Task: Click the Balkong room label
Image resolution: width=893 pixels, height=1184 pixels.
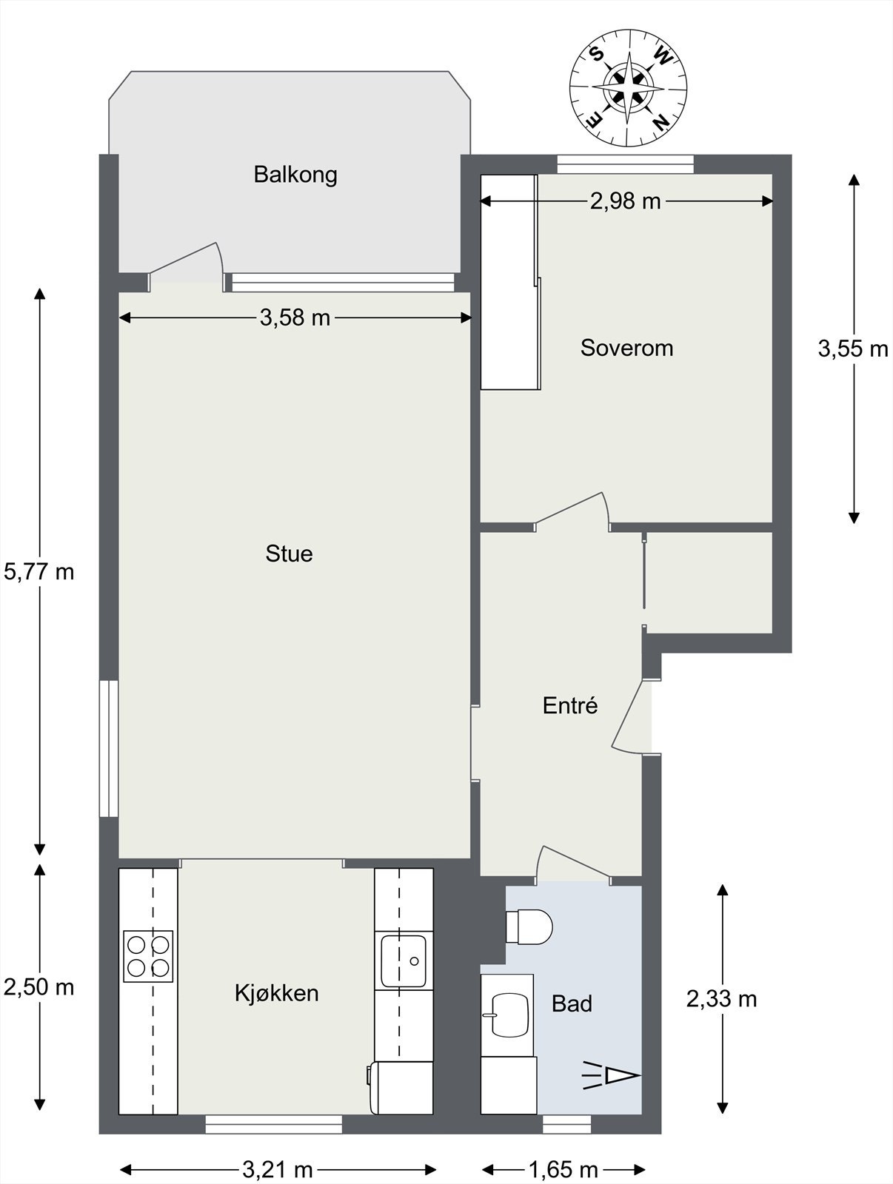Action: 295,175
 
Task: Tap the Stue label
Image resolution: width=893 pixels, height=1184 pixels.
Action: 289,554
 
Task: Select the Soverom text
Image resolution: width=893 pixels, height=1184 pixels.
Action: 626,348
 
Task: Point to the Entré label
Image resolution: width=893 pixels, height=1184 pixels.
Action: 570,705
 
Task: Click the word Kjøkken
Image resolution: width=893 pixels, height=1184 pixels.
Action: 276,993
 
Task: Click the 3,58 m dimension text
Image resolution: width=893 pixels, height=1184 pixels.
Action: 295,317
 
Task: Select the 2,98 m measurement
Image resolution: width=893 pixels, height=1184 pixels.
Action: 625,202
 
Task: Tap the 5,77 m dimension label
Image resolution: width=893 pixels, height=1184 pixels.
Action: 39,572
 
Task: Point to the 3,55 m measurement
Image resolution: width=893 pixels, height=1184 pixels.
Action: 852,349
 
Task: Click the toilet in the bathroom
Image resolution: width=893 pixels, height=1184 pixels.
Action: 529,926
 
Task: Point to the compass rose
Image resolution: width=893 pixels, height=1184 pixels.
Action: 629,89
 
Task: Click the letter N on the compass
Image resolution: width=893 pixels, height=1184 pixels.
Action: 661,122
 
